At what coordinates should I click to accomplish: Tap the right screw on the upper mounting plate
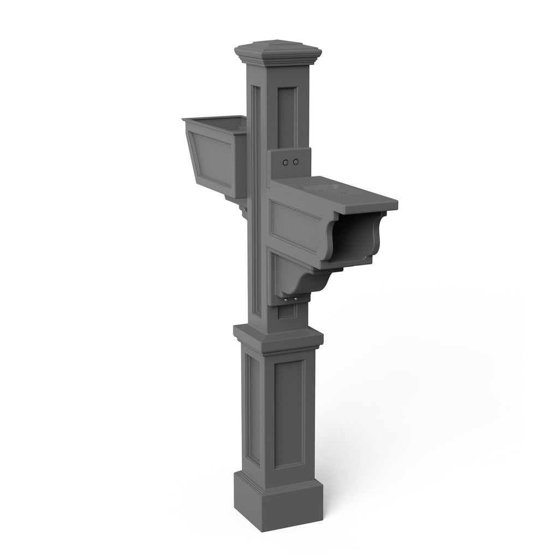point(296,162)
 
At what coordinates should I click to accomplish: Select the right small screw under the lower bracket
point(296,299)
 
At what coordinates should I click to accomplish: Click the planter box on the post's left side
point(216,156)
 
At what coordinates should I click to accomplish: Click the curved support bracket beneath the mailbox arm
point(298,278)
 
